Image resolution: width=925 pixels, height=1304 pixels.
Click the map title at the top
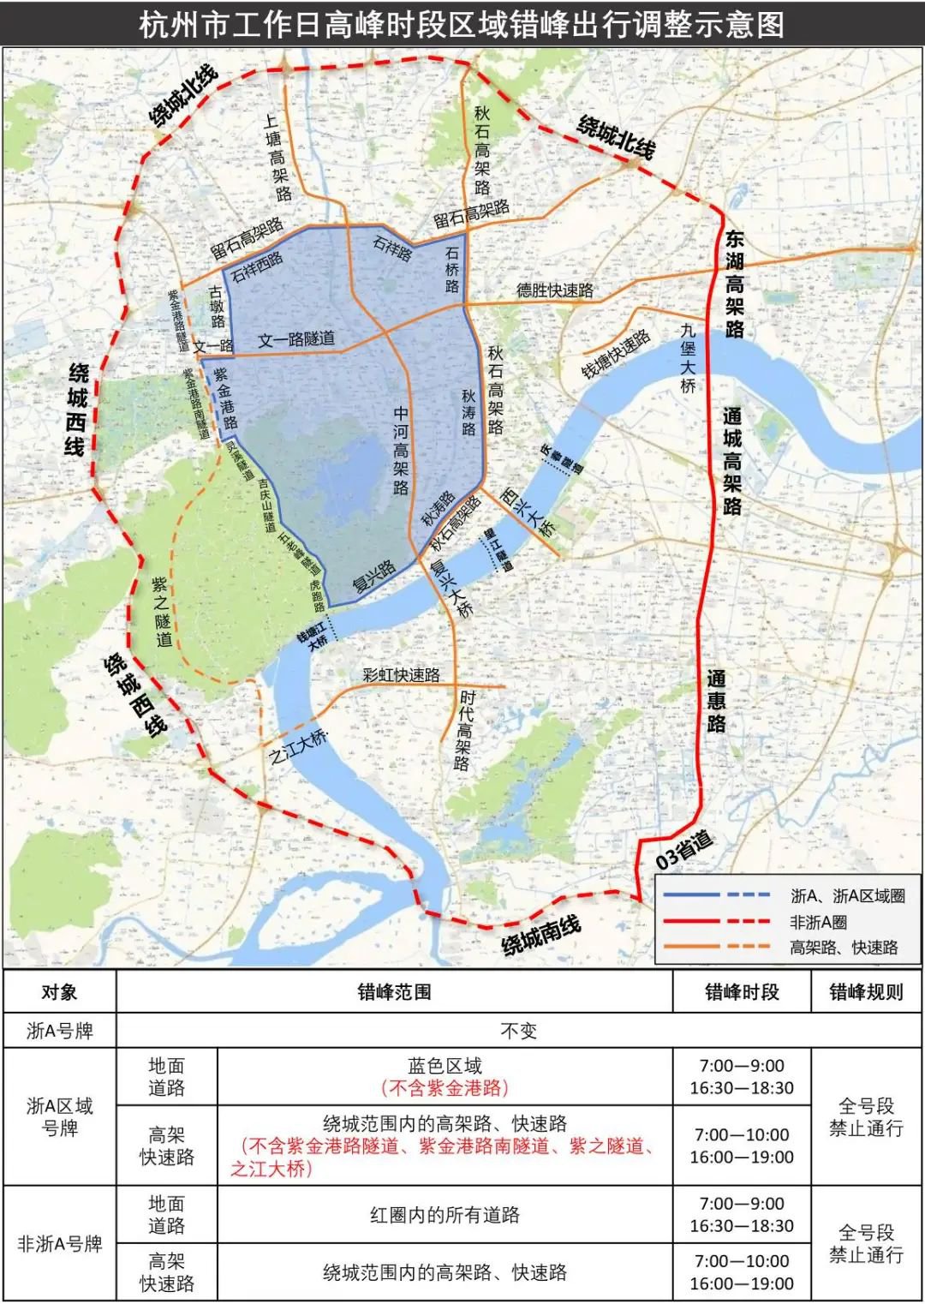point(462,23)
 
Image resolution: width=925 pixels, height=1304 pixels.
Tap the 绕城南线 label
point(541,935)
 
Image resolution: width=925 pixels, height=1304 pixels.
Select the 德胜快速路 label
point(554,290)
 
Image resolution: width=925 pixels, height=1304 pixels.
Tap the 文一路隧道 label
point(296,339)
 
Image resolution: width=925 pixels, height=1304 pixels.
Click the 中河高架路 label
point(401,450)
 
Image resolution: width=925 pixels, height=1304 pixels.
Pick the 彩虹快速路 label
point(401,674)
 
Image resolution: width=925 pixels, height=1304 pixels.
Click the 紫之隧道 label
point(162,611)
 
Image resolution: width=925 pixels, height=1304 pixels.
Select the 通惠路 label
point(717,701)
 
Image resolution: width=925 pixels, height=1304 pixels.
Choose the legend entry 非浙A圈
point(818,921)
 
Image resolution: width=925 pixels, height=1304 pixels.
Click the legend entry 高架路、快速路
point(844,947)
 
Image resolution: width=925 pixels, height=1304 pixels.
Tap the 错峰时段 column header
point(742,992)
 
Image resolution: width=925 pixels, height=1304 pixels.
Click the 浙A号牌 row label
point(59,1030)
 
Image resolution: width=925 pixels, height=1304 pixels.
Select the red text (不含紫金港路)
point(445,1088)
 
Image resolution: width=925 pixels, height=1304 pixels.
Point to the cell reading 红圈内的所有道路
point(445,1215)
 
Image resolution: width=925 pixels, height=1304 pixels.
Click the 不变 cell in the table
point(518,1030)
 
